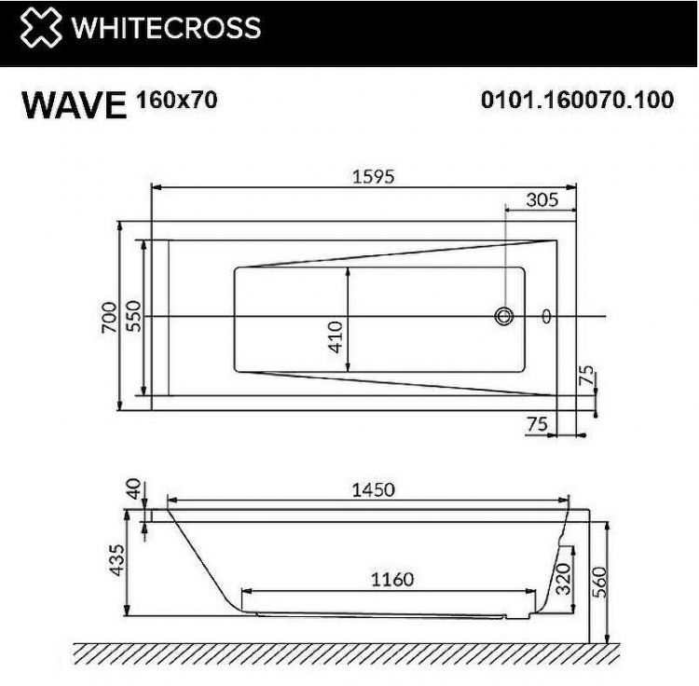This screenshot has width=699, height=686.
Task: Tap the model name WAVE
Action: click(74, 104)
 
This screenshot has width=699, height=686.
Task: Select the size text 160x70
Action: click(177, 99)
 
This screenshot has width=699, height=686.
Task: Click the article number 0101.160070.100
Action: click(577, 100)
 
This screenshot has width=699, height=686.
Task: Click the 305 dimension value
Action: click(541, 199)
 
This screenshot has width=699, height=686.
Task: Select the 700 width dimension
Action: click(110, 318)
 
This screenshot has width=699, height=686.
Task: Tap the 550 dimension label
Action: click(132, 318)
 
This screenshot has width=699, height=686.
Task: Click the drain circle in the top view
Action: click(505, 317)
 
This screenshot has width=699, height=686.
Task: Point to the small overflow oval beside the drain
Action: click(546, 317)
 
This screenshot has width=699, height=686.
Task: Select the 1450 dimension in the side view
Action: click(372, 489)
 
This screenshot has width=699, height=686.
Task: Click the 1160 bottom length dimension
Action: click(391, 580)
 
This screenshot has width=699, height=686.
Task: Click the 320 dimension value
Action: click(562, 580)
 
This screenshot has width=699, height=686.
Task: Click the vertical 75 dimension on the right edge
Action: click(585, 377)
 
